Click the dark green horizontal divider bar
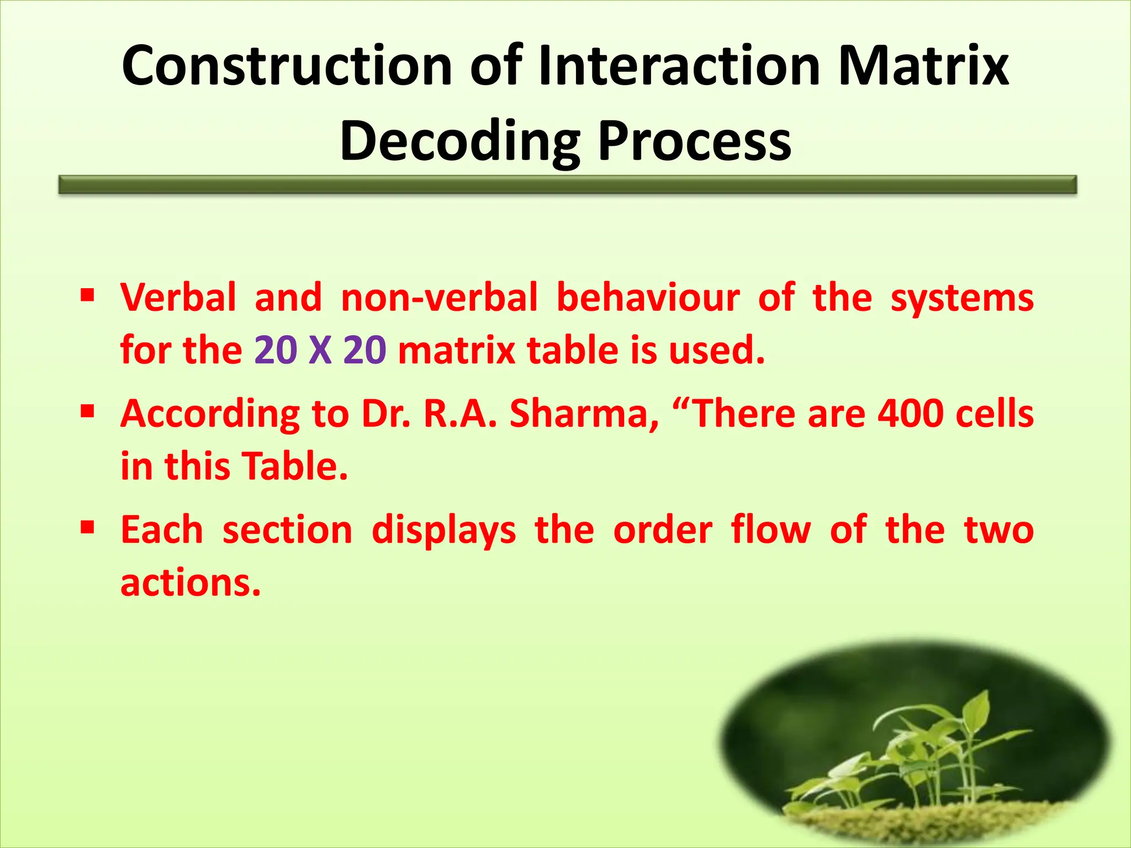click(567, 184)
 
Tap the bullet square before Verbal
click(87, 293)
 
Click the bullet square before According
click(87, 410)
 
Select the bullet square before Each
click(87, 527)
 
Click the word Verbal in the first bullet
click(178, 298)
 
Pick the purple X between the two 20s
click(320, 351)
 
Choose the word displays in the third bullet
click(443, 532)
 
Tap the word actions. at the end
click(191, 584)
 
